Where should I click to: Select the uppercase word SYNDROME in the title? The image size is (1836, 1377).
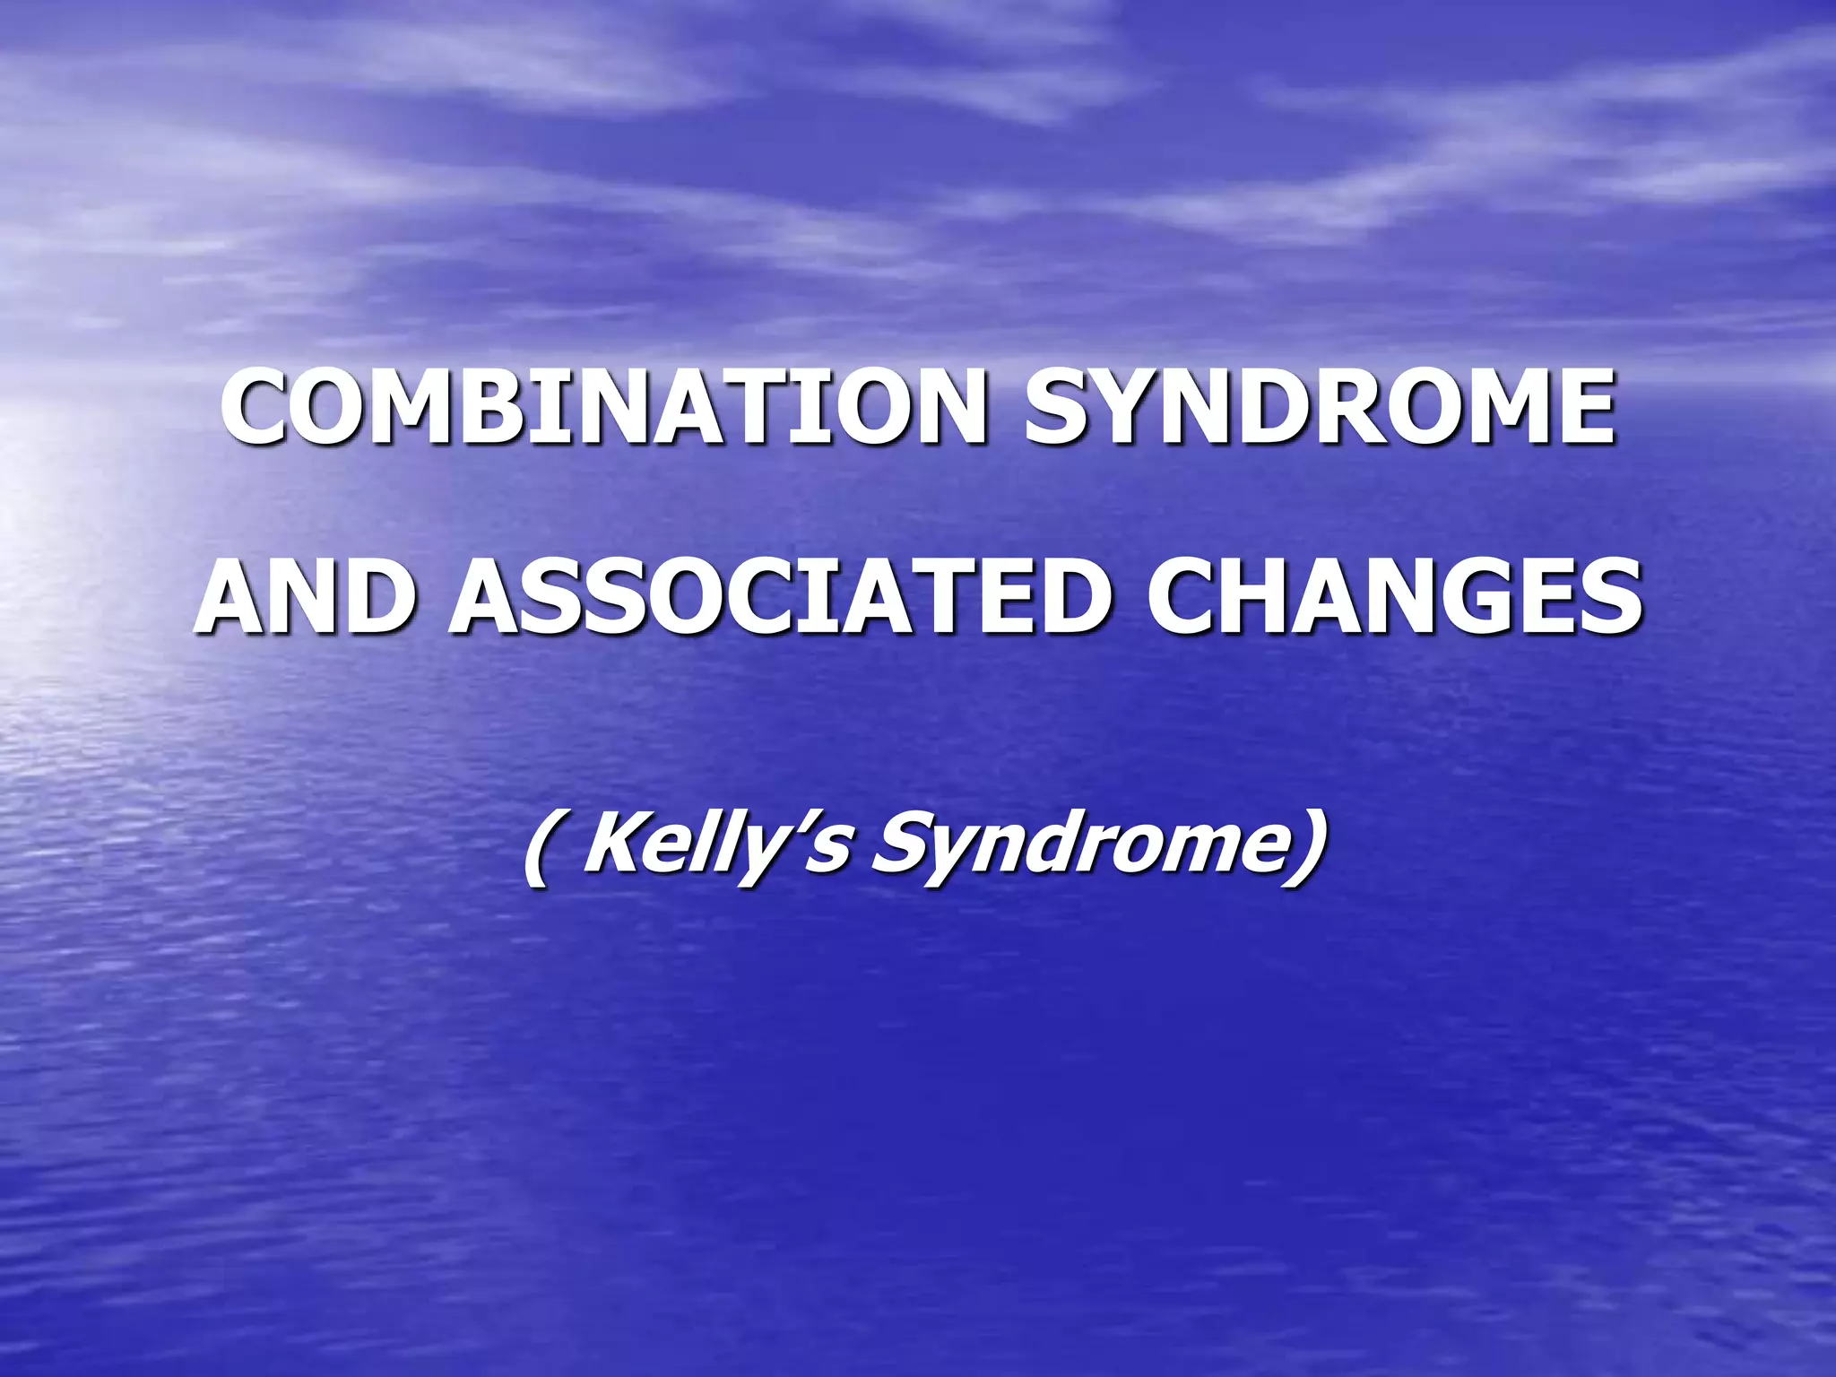(1319, 408)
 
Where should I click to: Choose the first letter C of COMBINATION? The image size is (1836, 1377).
(260, 408)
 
